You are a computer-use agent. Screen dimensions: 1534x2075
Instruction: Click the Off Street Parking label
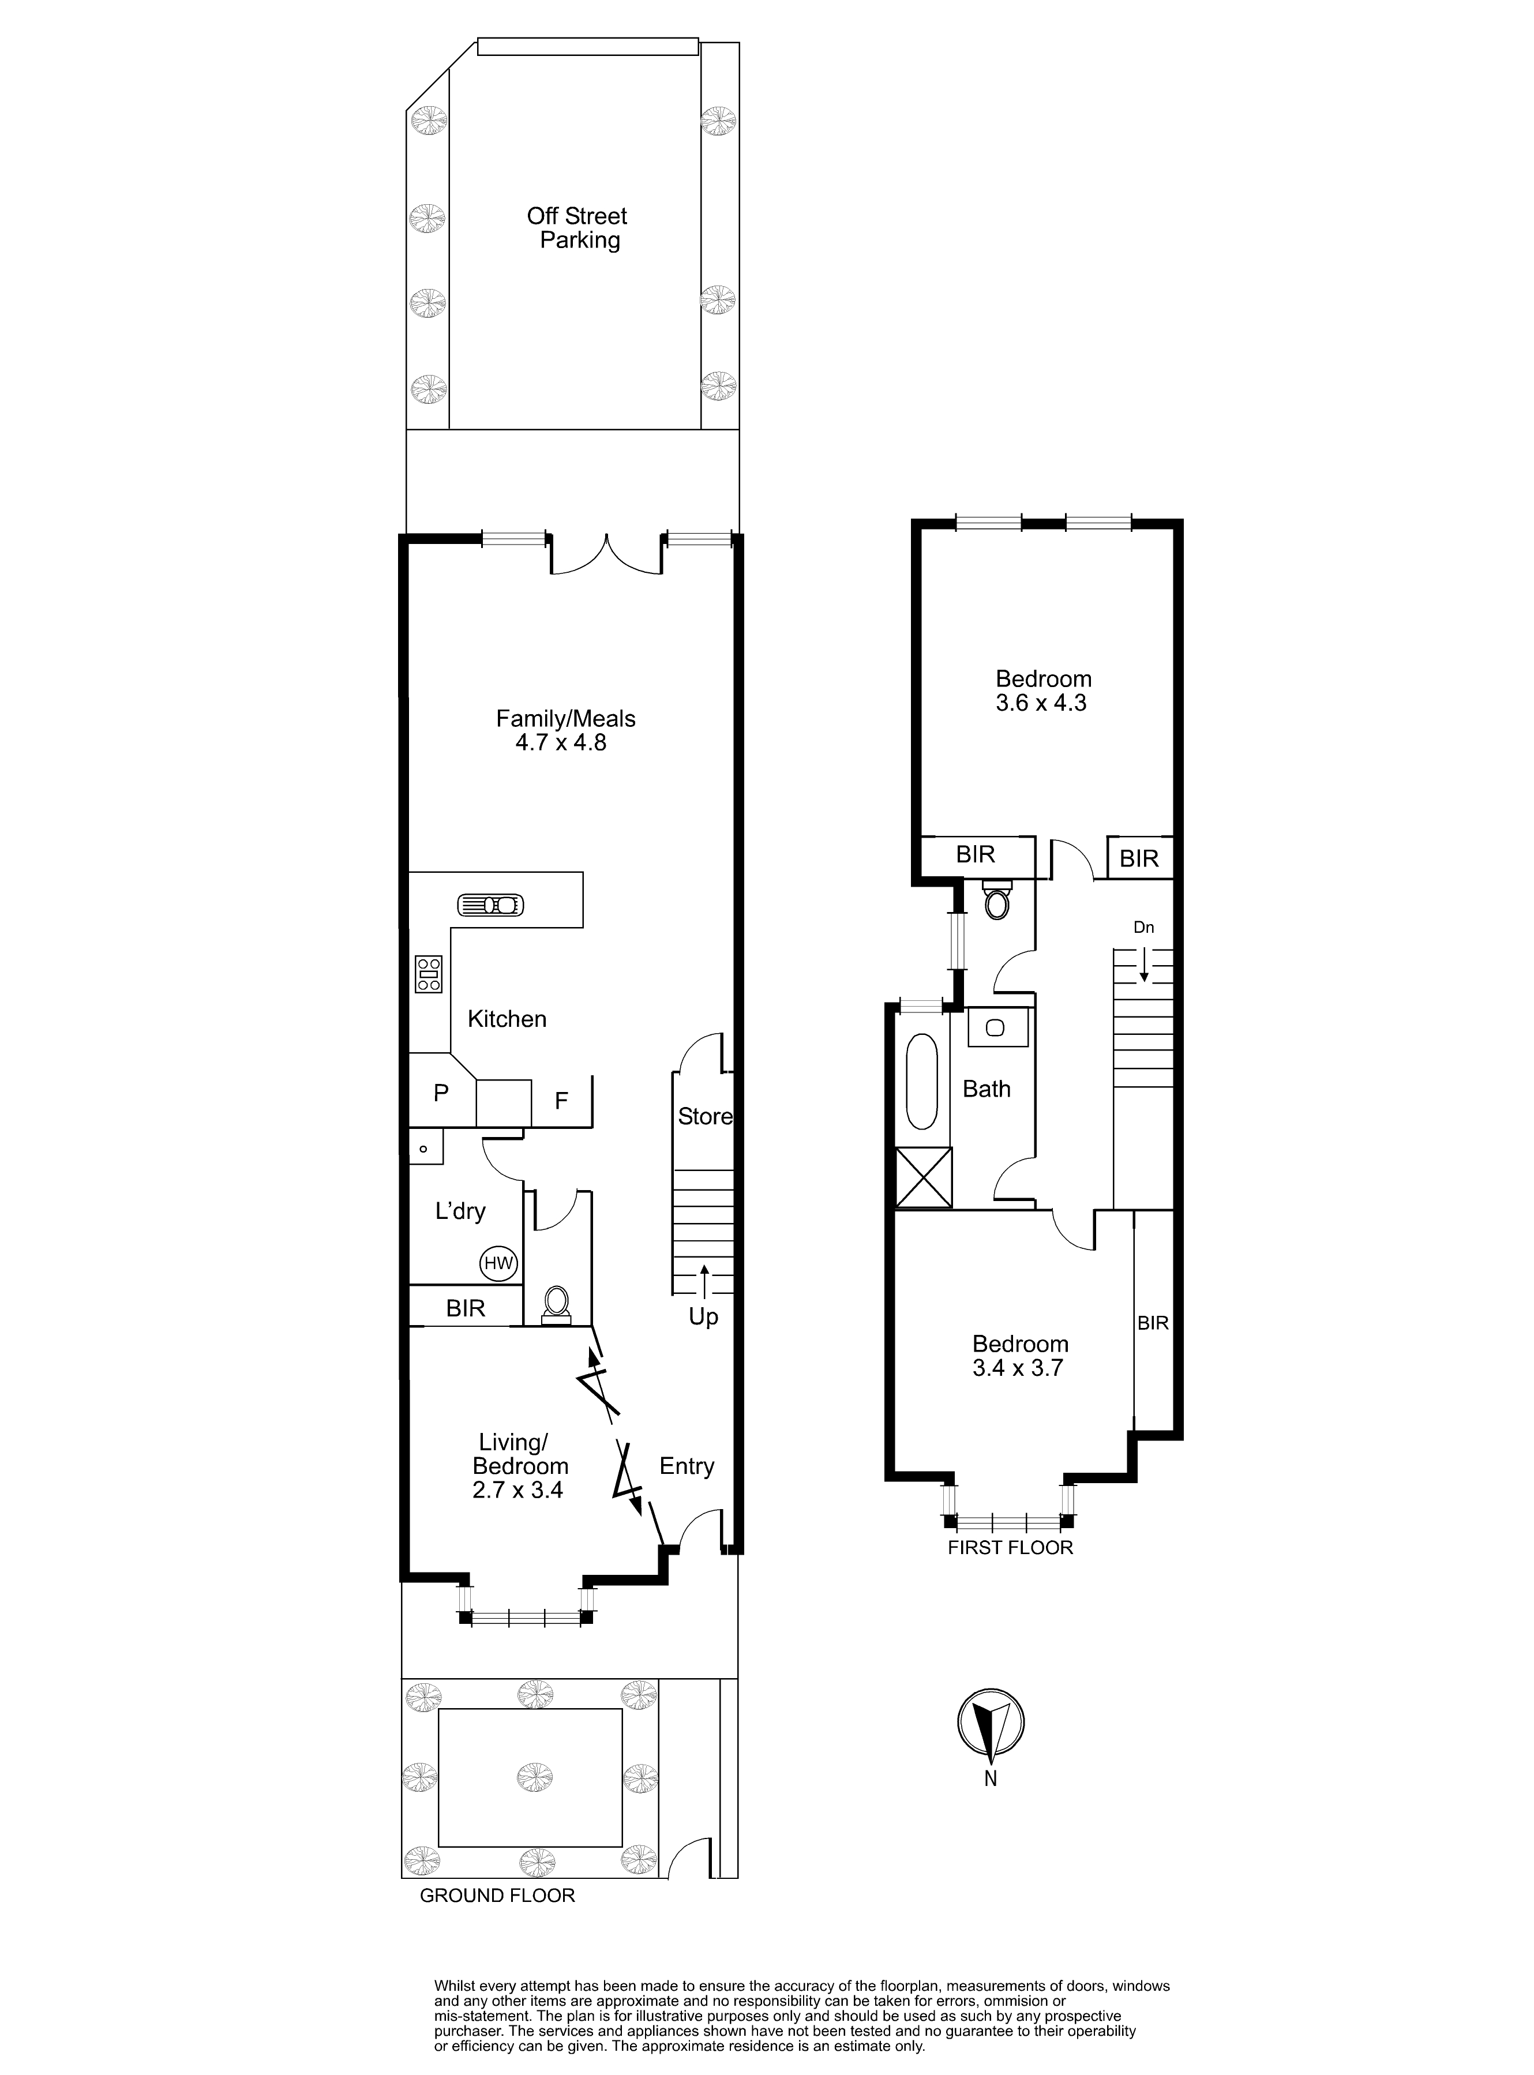click(x=577, y=228)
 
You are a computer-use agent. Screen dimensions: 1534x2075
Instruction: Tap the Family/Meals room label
click(x=565, y=719)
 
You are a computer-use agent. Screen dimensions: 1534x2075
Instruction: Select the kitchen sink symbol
click(x=490, y=905)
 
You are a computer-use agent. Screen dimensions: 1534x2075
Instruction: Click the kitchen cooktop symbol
click(x=428, y=974)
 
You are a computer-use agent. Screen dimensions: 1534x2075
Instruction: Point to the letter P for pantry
click(x=441, y=1094)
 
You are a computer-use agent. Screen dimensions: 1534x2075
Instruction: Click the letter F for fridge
click(x=561, y=1101)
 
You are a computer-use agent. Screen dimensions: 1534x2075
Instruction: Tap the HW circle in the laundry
click(x=498, y=1263)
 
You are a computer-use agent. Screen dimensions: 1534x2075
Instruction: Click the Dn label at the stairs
click(x=1144, y=928)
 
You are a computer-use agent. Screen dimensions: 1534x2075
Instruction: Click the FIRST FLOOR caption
click(x=1010, y=1548)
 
